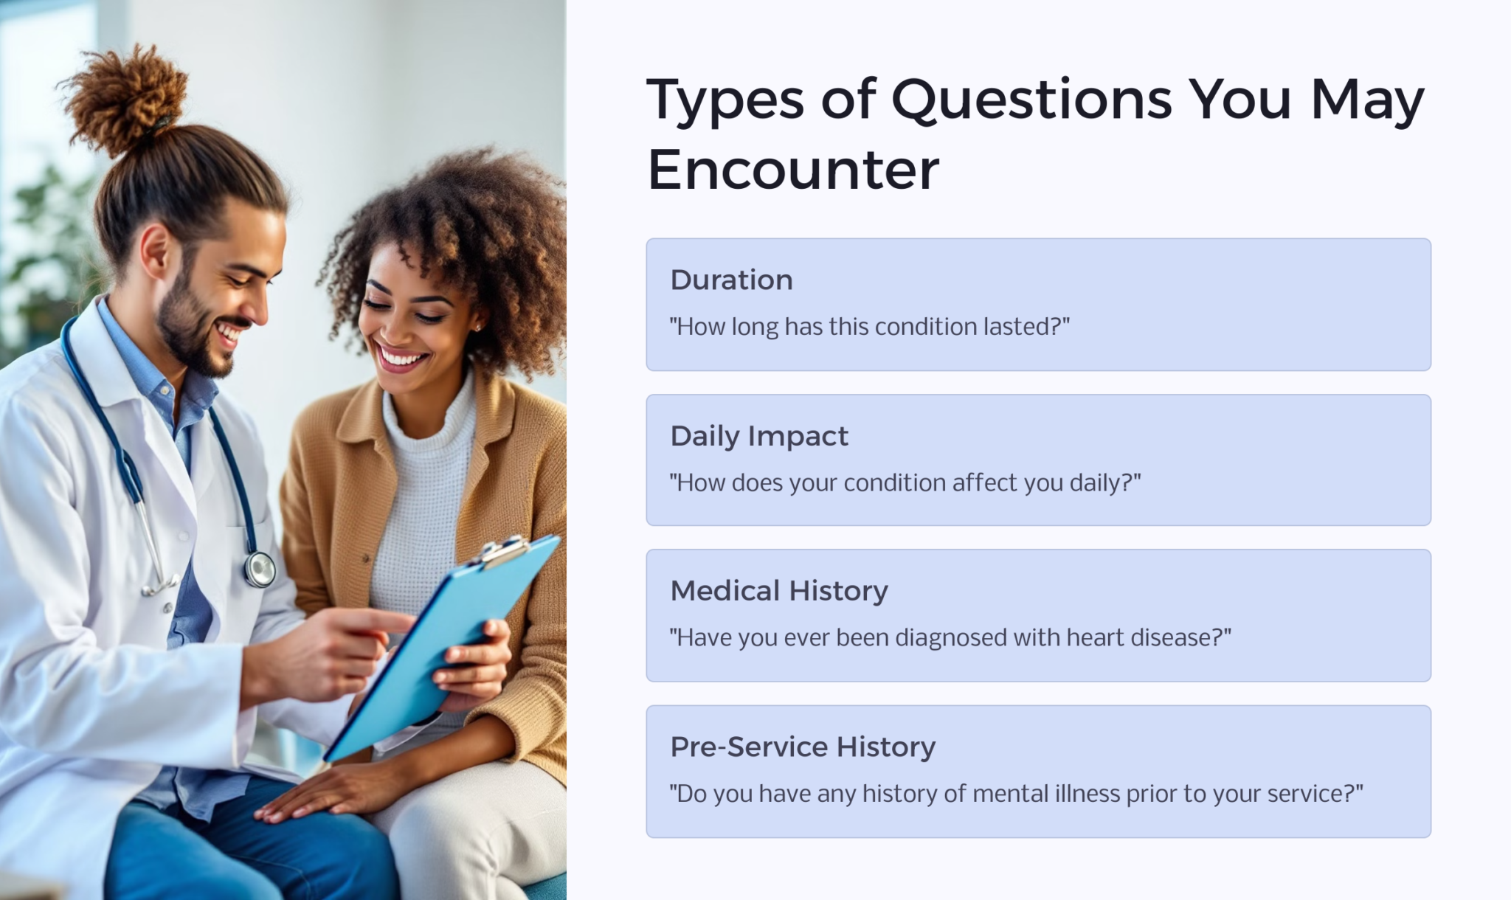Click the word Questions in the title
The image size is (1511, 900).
[x=1031, y=100]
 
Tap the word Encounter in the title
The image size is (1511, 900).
[x=793, y=170]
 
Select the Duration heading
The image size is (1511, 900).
[x=731, y=280]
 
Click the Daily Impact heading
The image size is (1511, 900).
[x=759, y=436]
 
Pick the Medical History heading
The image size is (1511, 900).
[x=779, y=591]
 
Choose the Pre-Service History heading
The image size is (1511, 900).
[x=803, y=747]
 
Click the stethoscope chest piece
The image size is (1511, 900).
[x=260, y=569]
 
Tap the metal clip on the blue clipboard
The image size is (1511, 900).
[x=504, y=550]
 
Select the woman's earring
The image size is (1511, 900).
[x=477, y=327]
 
